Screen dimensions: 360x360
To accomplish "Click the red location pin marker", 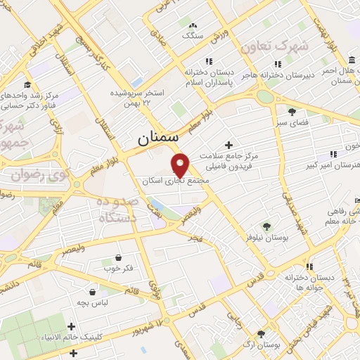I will [181, 165].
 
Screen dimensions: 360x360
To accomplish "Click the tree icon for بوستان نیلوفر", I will [266, 226].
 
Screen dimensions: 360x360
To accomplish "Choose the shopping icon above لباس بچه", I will [93, 290].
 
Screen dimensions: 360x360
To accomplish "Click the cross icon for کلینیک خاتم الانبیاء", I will [72, 326].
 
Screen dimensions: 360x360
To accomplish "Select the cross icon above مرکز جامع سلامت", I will [229, 144].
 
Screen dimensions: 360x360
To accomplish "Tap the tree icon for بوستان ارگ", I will [262, 335].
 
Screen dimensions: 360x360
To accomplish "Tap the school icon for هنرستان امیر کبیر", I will [330, 154].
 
